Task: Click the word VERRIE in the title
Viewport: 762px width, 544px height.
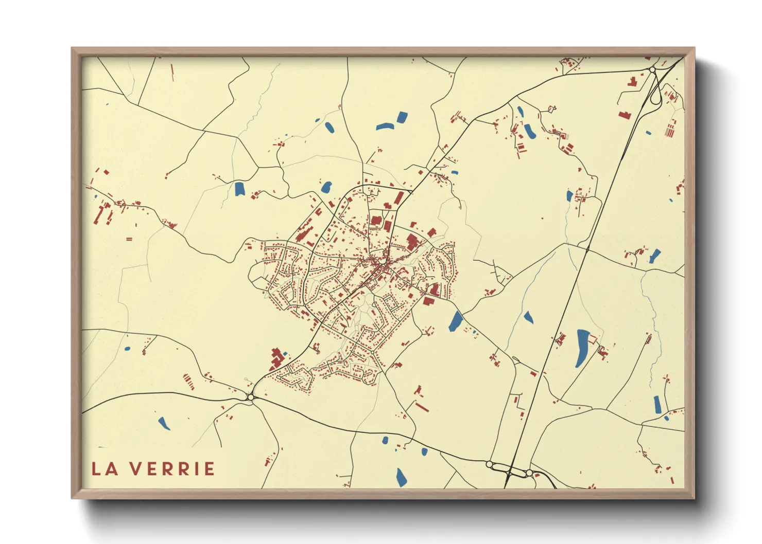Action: click(x=172, y=469)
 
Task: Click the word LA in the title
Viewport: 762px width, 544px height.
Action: click(x=103, y=469)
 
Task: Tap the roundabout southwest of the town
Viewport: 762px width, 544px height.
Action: click(x=251, y=397)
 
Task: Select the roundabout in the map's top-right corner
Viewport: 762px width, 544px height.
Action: click(x=652, y=69)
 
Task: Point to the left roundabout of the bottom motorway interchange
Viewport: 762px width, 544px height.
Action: click(x=489, y=464)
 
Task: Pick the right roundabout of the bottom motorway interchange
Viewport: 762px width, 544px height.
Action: click(x=529, y=472)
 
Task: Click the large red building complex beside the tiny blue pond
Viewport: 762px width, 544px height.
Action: click(x=275, y=360)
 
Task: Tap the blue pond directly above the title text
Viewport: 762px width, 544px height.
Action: click(x=164, y=424)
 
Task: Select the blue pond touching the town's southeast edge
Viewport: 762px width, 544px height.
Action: click(x=456, y=321)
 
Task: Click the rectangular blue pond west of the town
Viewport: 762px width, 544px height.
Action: click(x=239, y=189)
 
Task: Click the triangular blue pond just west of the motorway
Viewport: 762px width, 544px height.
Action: click(x=528, y=317)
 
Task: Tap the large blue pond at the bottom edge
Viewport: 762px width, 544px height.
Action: click(x=401, y=477)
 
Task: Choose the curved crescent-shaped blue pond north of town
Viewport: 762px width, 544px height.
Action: click(x=384, y=126)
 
